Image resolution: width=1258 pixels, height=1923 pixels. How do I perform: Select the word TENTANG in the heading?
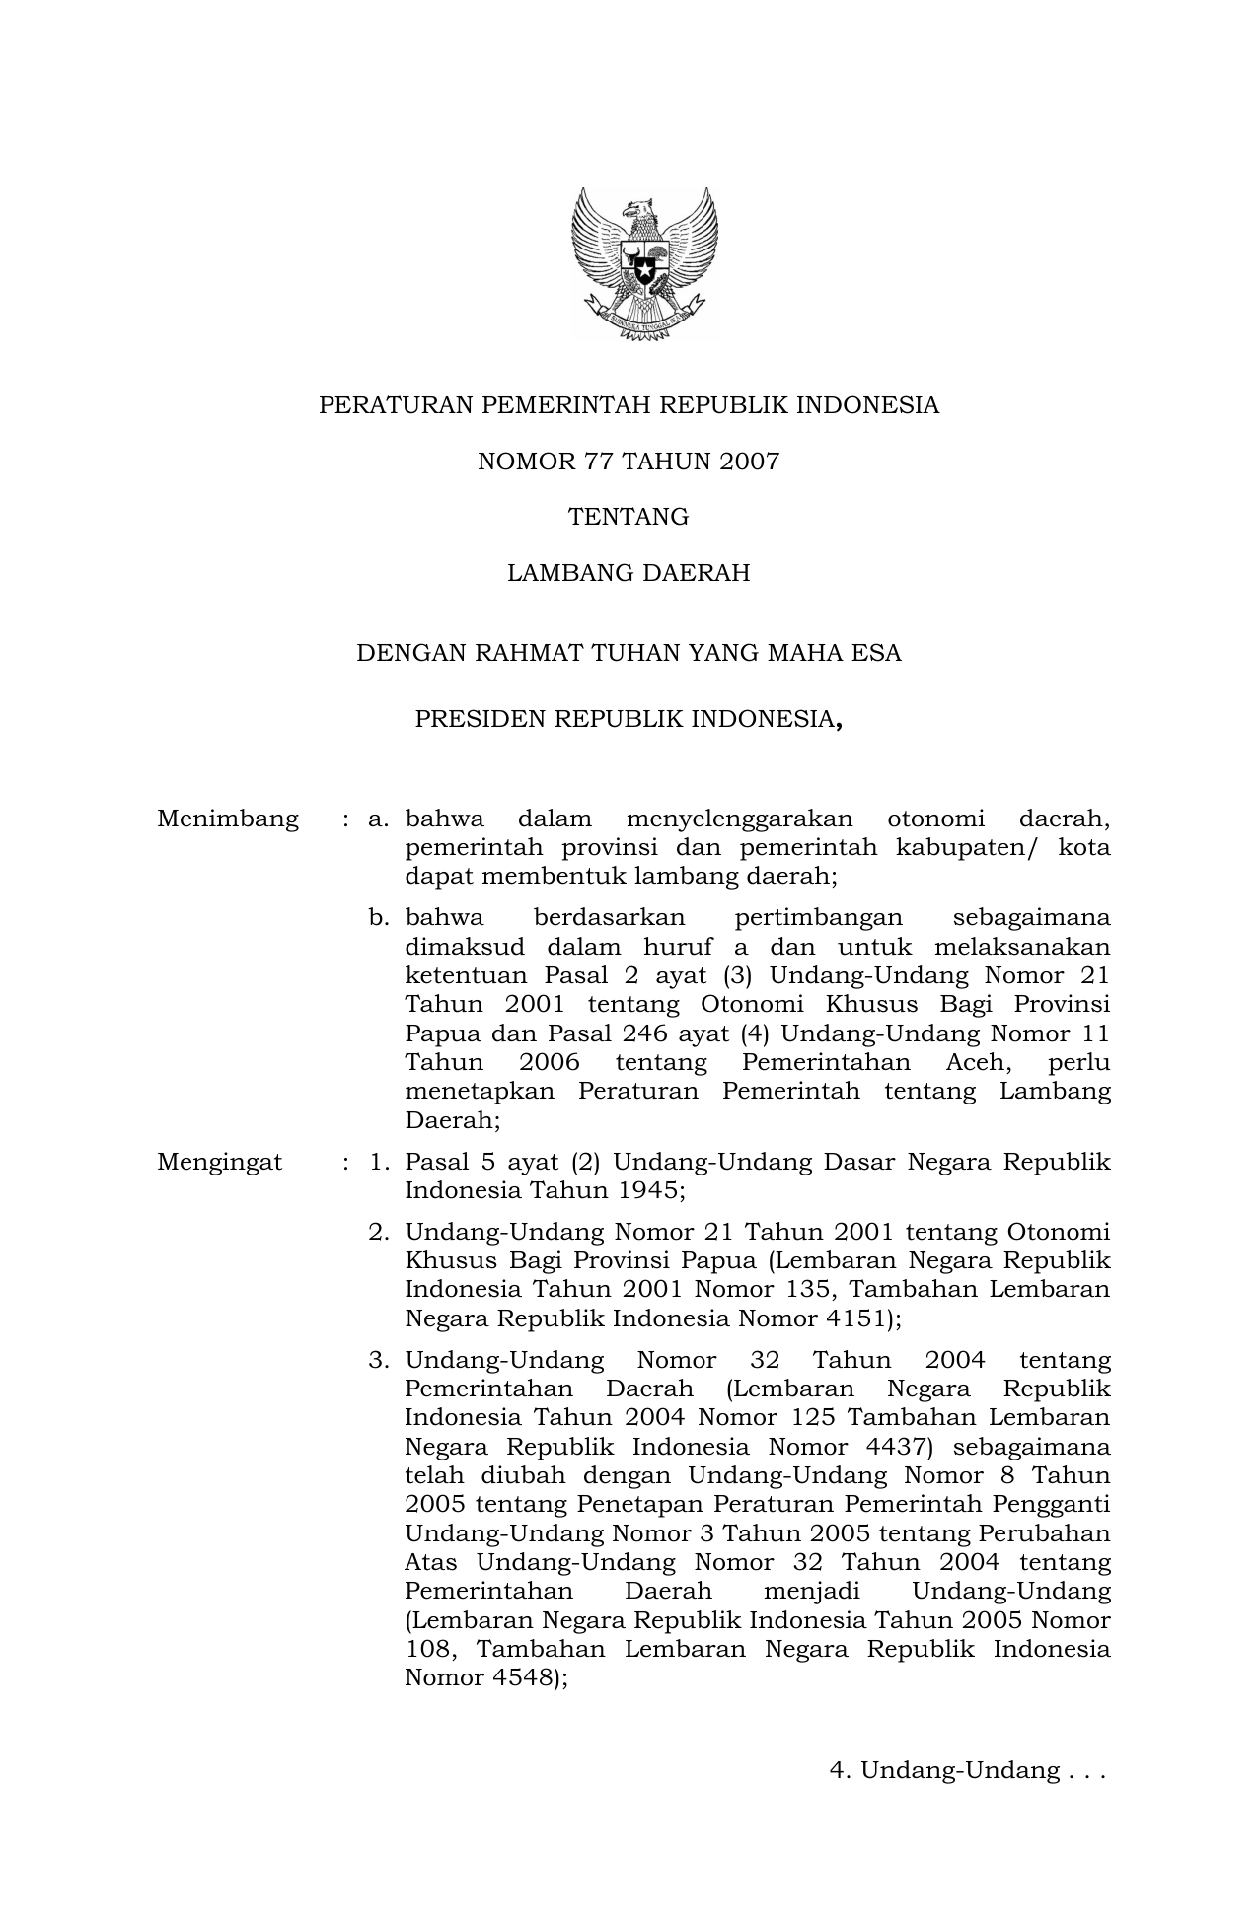(x=629, y=517)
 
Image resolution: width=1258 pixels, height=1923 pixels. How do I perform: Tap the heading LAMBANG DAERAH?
(x=629, y=573)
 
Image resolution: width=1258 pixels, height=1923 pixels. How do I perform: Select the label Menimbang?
(x=228, y=819)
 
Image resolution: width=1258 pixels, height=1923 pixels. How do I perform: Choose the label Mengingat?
(x=219, y=1162)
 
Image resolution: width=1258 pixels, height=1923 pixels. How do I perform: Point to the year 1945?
(x=647, y=1190)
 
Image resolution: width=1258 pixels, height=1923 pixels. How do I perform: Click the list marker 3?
(x=379, y=1361)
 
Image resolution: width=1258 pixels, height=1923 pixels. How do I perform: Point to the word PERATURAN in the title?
(x=380, y=405)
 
